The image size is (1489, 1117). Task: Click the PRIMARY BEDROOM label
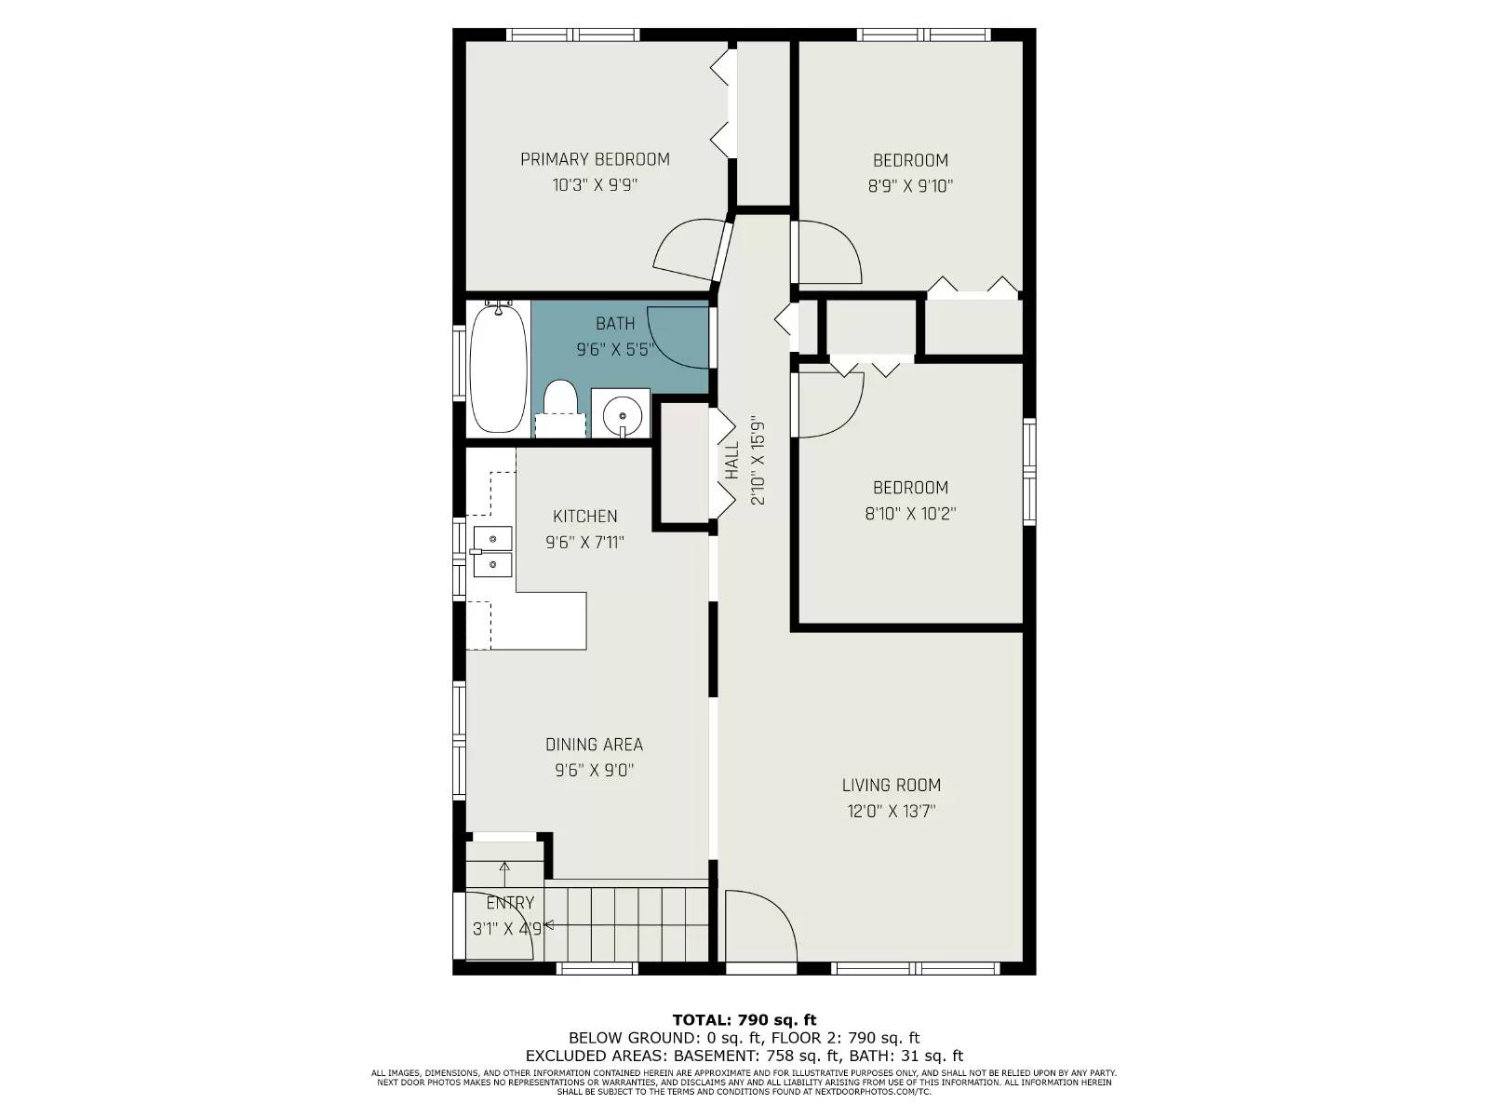coord(595,159)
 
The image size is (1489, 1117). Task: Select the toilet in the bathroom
coord(561,405)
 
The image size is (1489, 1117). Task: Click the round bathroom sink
coord(621,412)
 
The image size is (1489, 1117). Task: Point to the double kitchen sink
coord(492,551)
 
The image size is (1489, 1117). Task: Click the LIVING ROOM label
coord(891,786)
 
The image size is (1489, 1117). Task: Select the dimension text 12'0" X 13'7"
coord(891,811)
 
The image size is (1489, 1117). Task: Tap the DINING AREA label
coord(594,745)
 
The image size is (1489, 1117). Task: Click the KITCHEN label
coord(584,517)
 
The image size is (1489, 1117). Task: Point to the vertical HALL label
coord(732,461)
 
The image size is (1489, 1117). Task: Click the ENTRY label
coord(510,903)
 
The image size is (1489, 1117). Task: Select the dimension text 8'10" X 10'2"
coord(910,514)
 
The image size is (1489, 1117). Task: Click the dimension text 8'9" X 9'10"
coord(910,186)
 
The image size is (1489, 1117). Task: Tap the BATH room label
coord(615,324)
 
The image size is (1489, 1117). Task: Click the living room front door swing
coord(758,926)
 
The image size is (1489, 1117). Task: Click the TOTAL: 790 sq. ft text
coord(744,1020)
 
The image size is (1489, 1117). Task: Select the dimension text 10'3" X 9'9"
coord(595,185)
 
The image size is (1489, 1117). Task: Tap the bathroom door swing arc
coord(675,337)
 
